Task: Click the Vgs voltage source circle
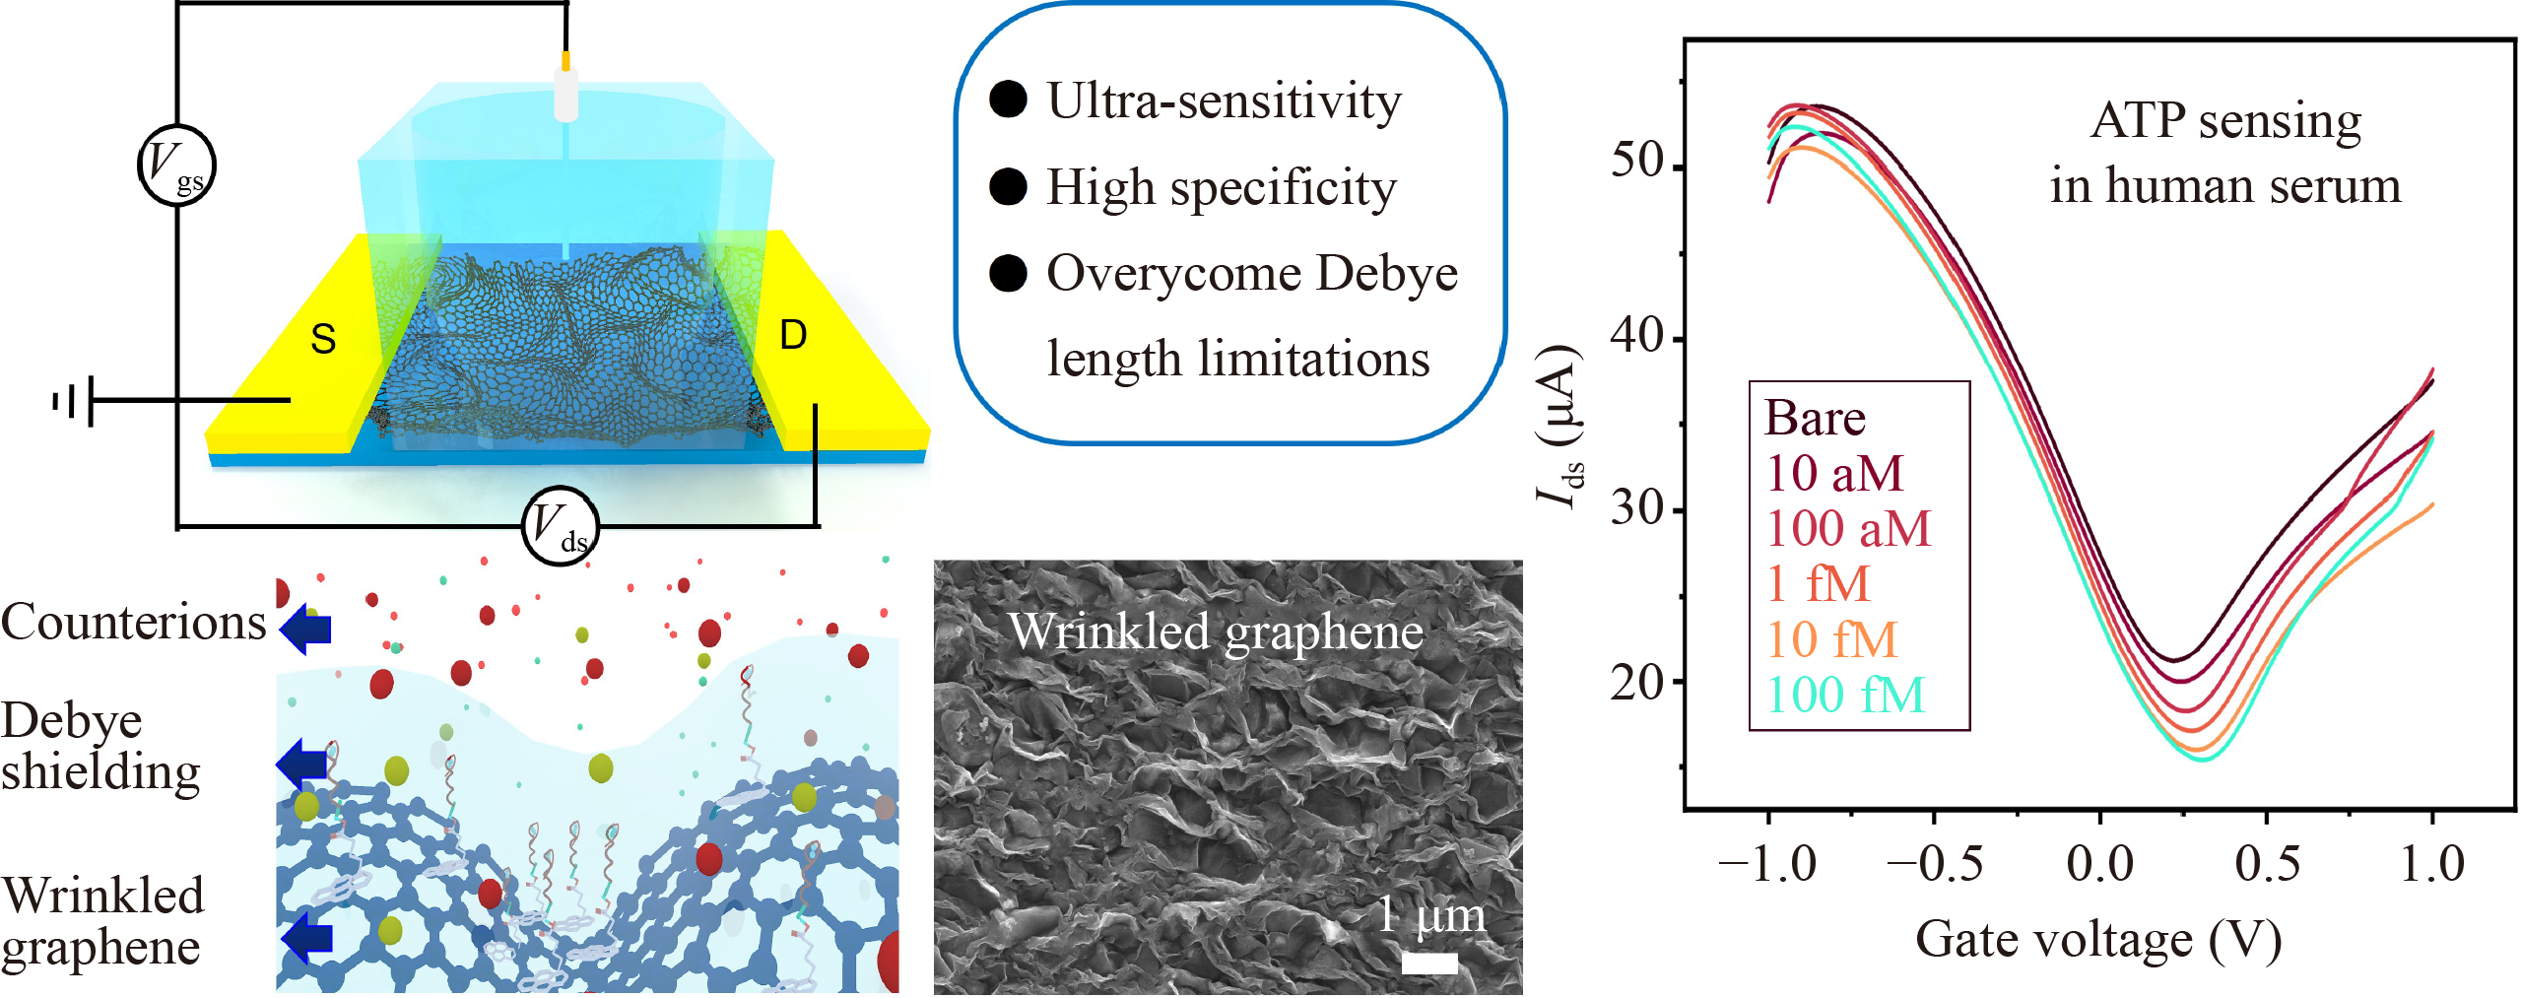[x=176, y=166]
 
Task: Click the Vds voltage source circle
[x=561, y=526]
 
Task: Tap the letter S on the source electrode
[x=323, y=339]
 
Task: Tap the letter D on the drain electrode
[x=793, y=335]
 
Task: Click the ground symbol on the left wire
[x=73, y=401]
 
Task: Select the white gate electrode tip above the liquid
[x=565, y=95]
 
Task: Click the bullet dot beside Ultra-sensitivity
[x=1008, y=100]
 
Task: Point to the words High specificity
[x=1222, y=187]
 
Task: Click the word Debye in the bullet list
[x=1386, y=273]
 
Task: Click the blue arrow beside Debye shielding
[x=301, y=765]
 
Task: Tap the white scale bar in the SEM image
[x=1429, y=963]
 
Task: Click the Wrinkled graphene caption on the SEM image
[x=1217, y=632]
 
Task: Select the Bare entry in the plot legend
[x=1815, y=418]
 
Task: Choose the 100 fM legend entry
[x=1845, y=695]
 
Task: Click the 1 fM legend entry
[x=1818, y=583]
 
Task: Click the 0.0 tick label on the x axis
[x=2100, y=864]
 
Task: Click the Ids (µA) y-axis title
[x=1560, y=426]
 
